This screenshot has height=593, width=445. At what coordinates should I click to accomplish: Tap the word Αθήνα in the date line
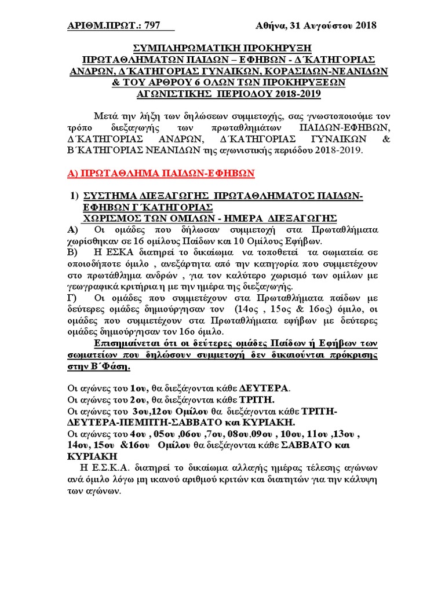(x=271, y=25)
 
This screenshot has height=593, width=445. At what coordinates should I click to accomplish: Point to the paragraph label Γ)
(x=73, y=298)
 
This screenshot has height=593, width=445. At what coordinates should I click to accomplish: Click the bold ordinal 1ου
(x=140, y=387)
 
